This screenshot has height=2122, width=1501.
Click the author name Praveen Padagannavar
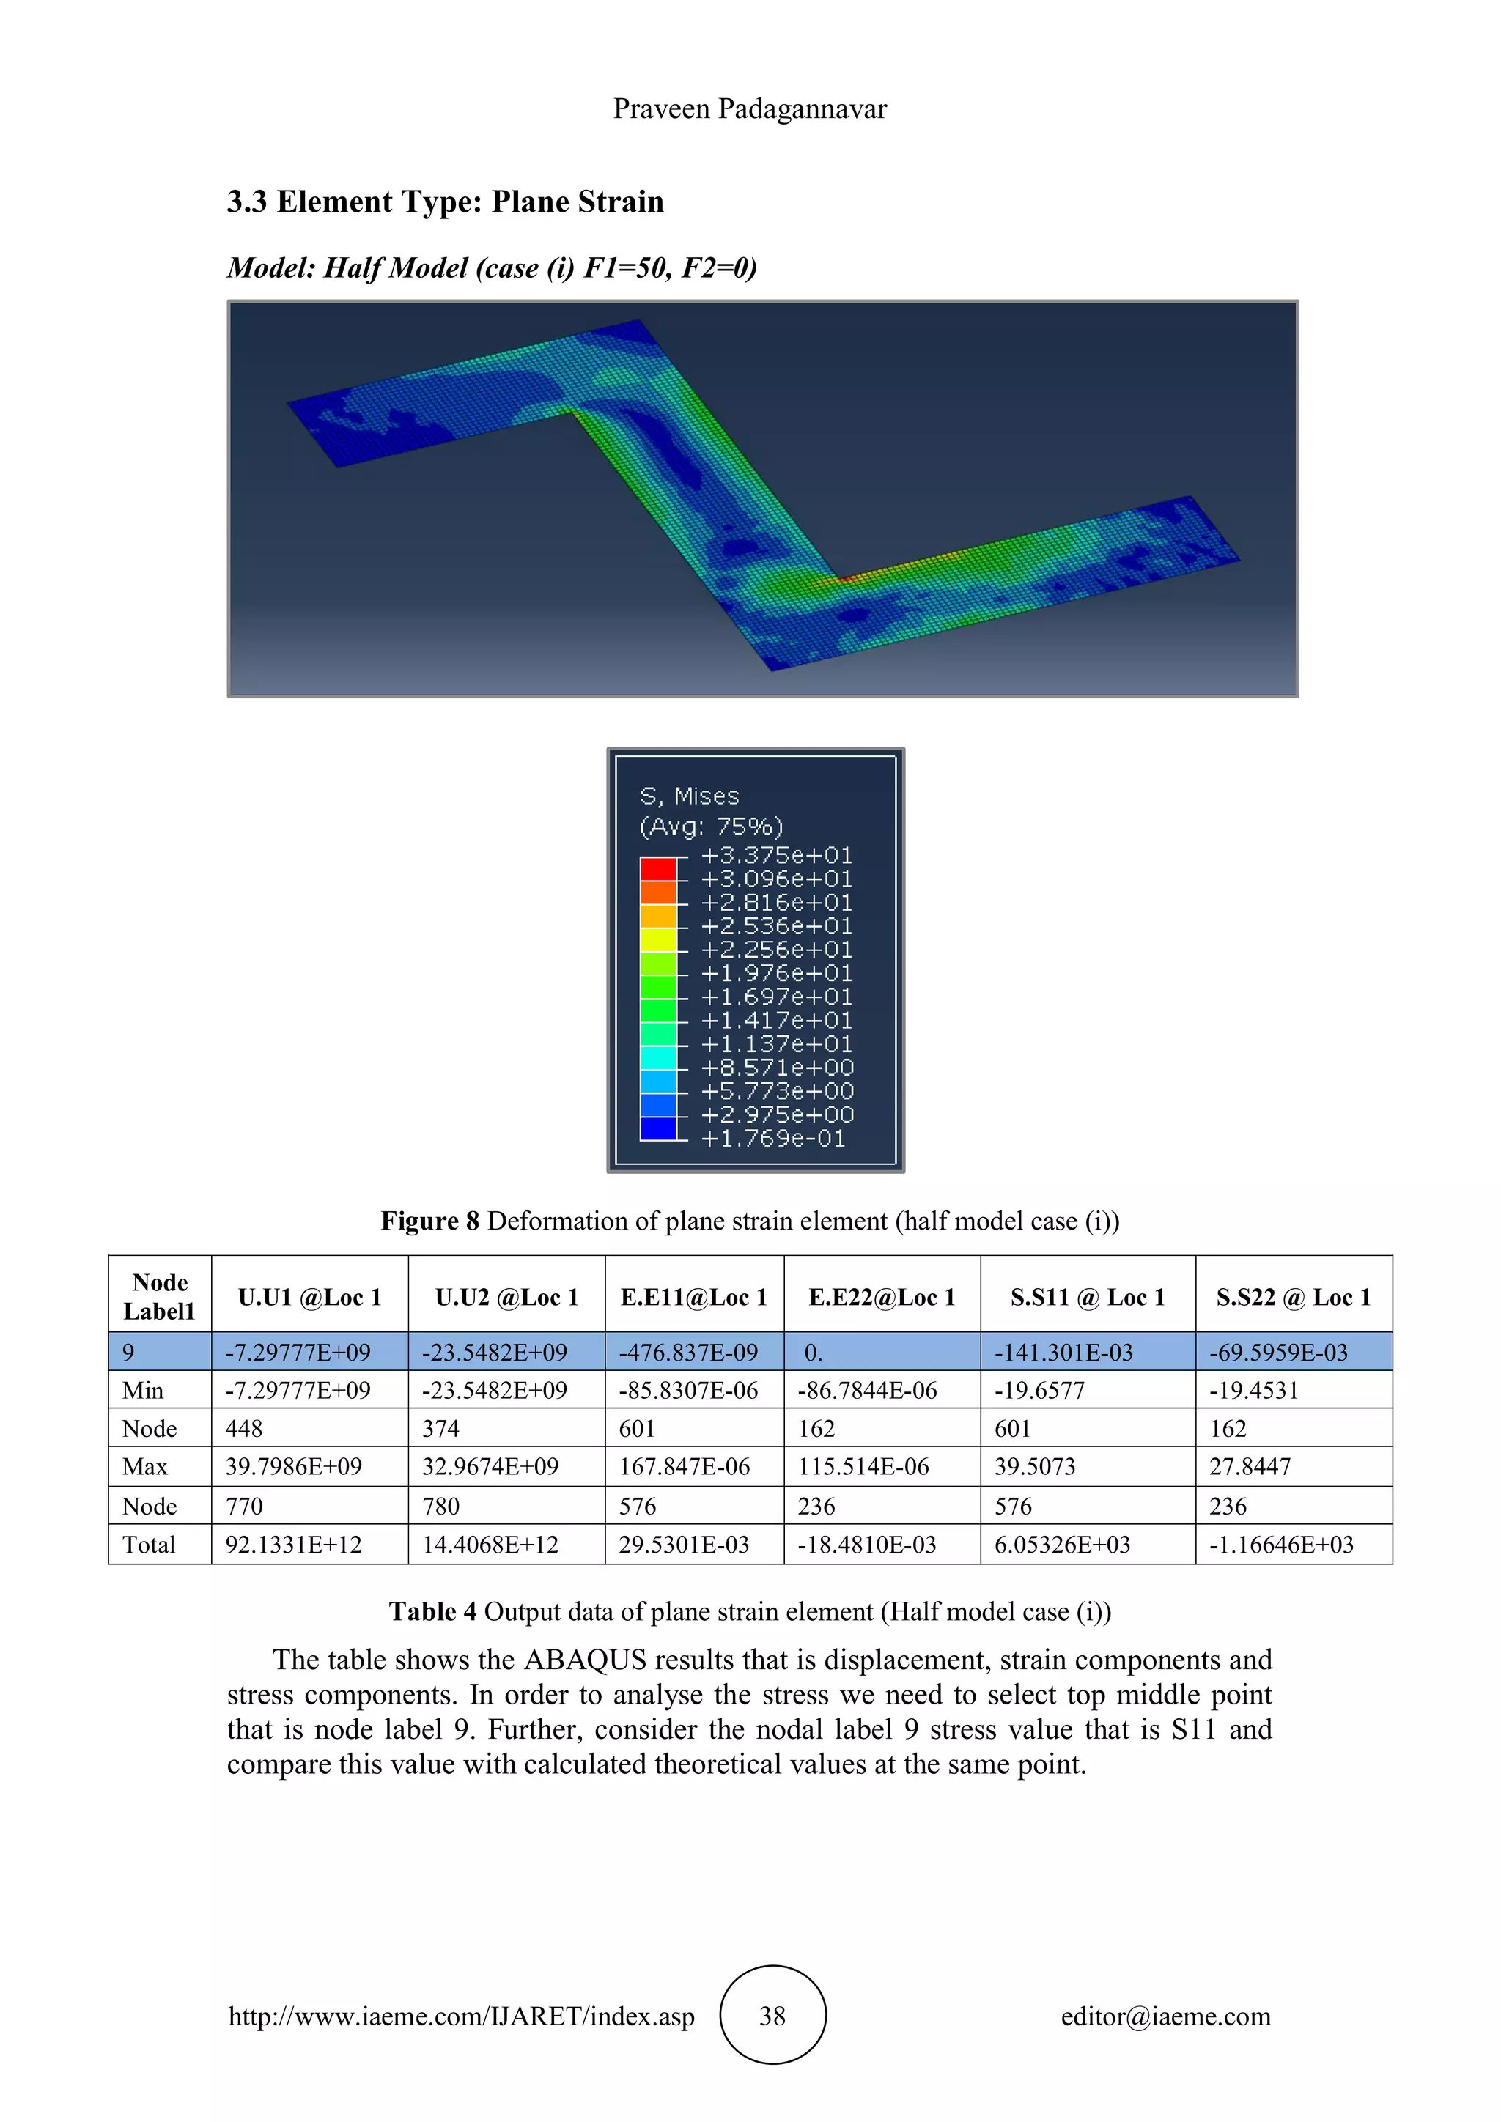point(750,109)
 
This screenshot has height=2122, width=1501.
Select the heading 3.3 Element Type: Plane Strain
point(445,202)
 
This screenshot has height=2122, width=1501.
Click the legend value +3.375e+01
point(776,856)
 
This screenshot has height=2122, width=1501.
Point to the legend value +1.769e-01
point(772,1139)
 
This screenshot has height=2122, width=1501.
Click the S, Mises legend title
point(690,796)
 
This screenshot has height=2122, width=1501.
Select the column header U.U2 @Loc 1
point(506,1298)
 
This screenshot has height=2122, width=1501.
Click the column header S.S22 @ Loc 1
point(1293,1298)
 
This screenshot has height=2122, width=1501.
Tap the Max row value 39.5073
point(1034,1467)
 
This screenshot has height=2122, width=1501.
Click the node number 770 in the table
point(244,1507)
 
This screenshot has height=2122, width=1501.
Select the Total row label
point(149,1545)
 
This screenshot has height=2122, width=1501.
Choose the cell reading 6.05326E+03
point(1062,1545)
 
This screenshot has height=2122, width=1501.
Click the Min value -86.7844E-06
point(867,1391)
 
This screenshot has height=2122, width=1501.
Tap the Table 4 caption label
point(432,1612)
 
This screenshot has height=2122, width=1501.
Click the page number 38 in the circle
point(772,2016)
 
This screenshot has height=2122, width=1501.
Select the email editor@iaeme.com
point(1165,2016)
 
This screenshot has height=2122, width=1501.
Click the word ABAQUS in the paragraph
point(585,1660)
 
